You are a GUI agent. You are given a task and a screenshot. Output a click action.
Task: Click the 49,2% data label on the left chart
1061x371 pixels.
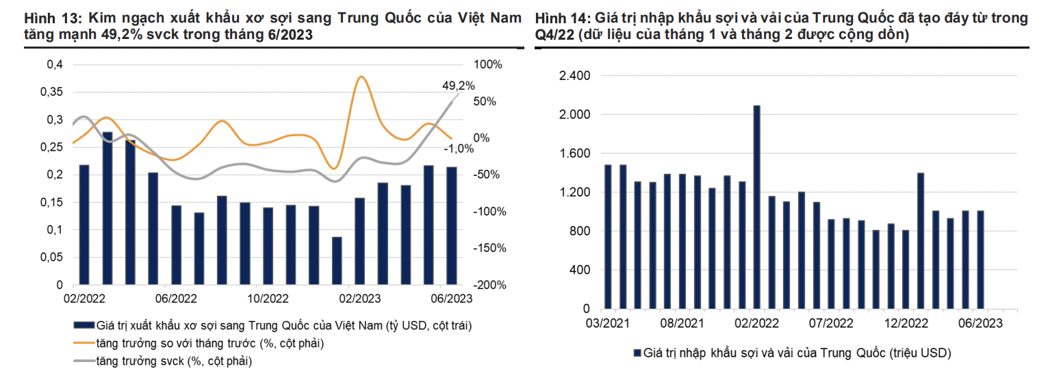[458, 86]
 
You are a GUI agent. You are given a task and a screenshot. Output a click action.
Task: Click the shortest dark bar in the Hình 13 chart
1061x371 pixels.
[337, 260]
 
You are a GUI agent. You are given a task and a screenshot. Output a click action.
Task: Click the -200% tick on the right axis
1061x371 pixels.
[489, 285]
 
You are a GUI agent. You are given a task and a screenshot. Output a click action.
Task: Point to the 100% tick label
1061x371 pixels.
[488, 64]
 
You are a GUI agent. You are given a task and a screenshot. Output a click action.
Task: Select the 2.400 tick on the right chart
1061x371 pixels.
[575, 75]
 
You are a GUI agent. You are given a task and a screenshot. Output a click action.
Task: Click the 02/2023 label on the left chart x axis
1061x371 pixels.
[359, 298]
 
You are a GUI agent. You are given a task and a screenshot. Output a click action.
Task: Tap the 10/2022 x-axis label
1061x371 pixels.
[268, 298]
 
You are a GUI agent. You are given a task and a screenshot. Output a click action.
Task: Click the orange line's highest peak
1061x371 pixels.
[361, 77]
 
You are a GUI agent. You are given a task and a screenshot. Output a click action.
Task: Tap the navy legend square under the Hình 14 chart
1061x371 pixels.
[637, 353]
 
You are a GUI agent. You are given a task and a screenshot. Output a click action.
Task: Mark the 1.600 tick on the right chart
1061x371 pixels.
[575, 153]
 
